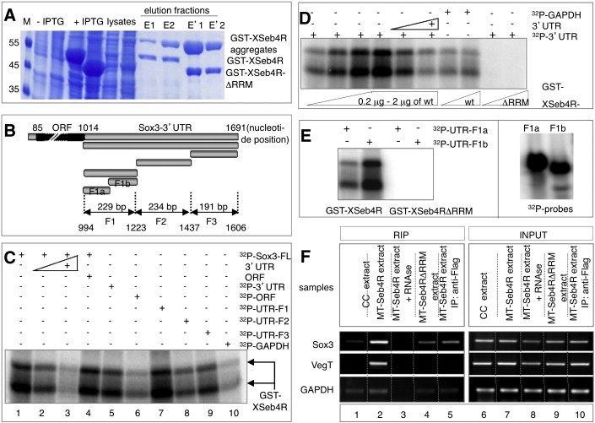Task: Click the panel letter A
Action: (x=10, y=14)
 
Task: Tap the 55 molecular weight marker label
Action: (x=14, y=41)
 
